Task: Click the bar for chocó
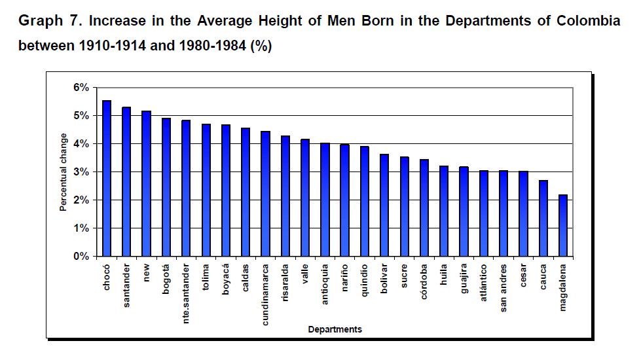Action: [x=107, y=179]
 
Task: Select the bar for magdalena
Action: [x=563, y=226]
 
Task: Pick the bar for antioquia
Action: [x=325, y=200]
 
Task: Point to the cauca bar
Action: [x=543, y=219]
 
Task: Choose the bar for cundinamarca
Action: [x=265, y=194]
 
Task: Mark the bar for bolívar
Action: [x=384, y=206]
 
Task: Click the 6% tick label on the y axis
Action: [x=81, y=88]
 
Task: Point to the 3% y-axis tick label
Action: [x=81, y=172]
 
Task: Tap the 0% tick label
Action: [x=81, y=257]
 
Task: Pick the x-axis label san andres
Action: [x=504, y=287]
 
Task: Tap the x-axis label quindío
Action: [x=365, y=279]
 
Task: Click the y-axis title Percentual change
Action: [x=64, y=172]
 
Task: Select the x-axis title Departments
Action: [x=335, y=329]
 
